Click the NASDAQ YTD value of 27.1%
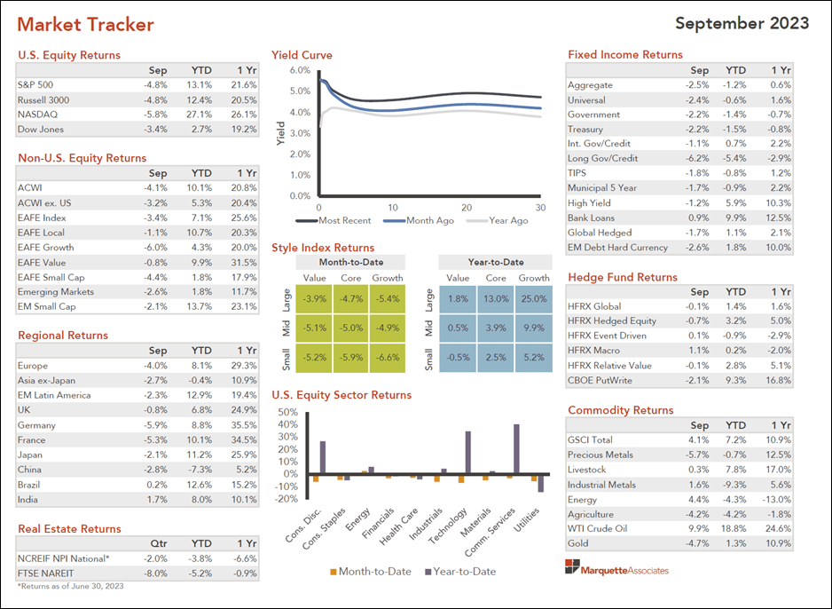coord(201,115)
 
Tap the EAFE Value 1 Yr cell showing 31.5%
coord(245,263)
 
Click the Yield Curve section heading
coord(302,55)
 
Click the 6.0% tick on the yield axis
coord(300,70)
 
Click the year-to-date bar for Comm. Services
coord(516,449)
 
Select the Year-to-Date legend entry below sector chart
coord(459,572)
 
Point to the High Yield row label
coord(588,203)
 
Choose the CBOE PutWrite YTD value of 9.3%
coord(735,380)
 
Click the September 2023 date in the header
coord(742,23)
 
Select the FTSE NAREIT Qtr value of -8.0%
coord(156,573)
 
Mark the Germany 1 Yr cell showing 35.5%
coord(245,425)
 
